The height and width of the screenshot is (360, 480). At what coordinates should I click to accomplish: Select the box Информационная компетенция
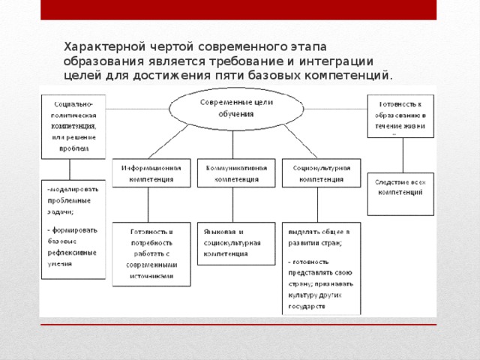tap(151, 173)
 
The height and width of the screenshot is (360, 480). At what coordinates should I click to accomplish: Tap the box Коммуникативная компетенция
tap(235, 173)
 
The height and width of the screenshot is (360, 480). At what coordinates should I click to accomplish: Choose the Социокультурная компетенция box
tap(321, 173)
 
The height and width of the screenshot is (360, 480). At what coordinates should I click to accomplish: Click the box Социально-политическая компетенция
tap(73, 125)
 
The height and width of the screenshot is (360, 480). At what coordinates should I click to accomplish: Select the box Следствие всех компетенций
tap(400, 193)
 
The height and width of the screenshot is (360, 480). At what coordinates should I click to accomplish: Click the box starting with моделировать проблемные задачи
tap(73, 229)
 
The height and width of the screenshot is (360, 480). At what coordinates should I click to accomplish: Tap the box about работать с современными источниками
tap(151, 253)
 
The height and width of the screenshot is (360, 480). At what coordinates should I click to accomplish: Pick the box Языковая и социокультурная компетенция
tap(235, 243)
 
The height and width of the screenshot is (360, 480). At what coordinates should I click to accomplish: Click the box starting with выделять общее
tap(321, 268)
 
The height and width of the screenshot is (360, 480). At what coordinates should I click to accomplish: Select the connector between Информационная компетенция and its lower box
tap(148, 205)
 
